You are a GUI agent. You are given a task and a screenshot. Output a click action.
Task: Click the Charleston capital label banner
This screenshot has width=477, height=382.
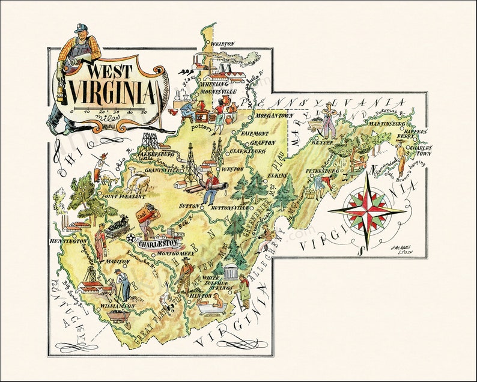tap(158, 244)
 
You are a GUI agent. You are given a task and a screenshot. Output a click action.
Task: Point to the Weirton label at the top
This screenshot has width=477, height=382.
tap(223, 43)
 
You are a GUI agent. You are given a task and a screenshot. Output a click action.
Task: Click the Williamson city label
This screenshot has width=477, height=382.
tap(118, 306)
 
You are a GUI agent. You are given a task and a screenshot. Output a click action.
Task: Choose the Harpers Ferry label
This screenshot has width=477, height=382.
tap(415, 135)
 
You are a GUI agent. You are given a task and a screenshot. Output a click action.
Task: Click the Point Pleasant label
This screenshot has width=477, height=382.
tap(124, 196)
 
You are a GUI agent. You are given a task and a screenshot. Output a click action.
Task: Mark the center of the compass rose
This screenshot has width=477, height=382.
tap(367, 210)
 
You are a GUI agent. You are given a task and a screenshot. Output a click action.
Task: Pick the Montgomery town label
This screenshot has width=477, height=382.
tap(175, 253)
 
